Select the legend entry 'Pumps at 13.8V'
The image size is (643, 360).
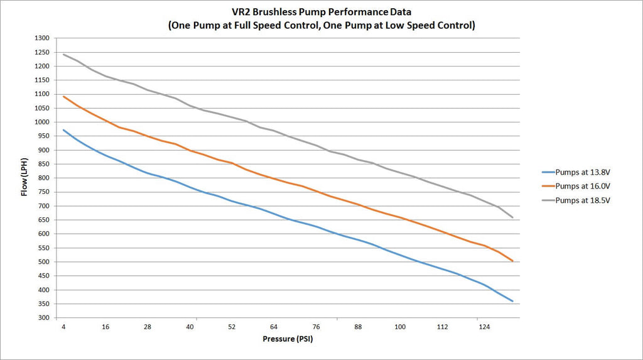click(x=576, y=171)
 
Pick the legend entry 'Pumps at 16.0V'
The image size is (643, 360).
click(x=576, y=185)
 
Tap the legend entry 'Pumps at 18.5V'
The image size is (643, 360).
click(x=576, y=200)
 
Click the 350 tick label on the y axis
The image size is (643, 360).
click(x=43, y=304)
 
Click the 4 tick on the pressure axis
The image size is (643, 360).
click(x=63, y=327)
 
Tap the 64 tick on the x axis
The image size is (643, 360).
click(x=274, y=327)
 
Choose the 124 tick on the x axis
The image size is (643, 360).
click(x=484, y=327)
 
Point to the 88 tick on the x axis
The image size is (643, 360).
click(x=358, y=327)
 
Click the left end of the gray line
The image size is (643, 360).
click(x=63, y=54)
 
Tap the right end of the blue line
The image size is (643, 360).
click(x=512, y=302)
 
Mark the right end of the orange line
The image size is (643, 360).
click(x=512, y=261)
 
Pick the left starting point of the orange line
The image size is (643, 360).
click(x=63, y=96)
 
